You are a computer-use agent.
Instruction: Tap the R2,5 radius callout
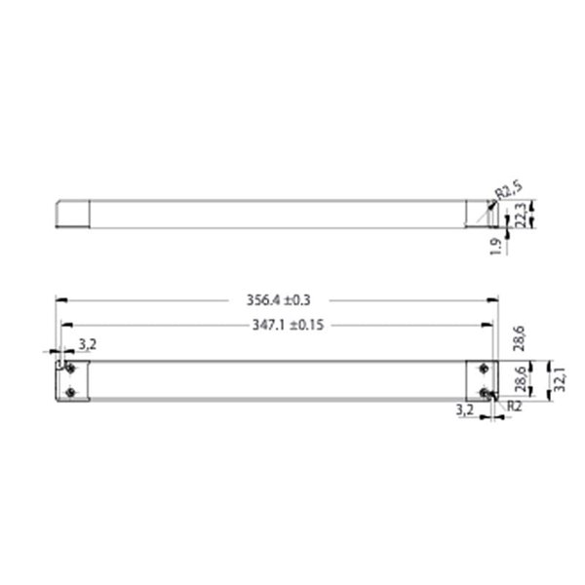coord(509,186)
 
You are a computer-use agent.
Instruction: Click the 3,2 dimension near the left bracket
coord(87,343)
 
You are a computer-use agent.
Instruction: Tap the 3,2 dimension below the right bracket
coord(466,412)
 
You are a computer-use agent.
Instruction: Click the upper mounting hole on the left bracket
coord(69,367)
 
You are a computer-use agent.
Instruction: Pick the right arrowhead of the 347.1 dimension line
coord(487,326)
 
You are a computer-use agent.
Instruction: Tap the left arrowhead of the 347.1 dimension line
coord(65,326)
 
